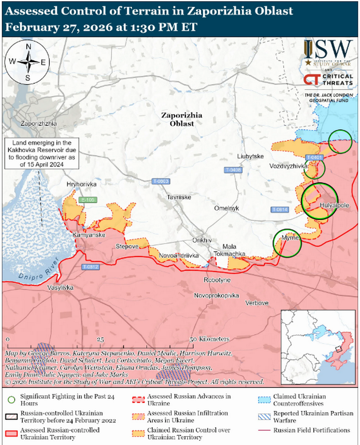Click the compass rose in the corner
[x=28, y=62]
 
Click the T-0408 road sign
[x=233, y=170]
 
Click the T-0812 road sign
[x=90, y=267]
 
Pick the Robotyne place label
[x=217, y=280]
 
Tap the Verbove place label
[x=257, y=303]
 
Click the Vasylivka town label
[x=59, y=288]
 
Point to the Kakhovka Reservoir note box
[x=42, y=153]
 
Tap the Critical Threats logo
[x=328, y=80]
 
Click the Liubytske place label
[x=250, y=156]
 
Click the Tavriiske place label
[x=179, y=197]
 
